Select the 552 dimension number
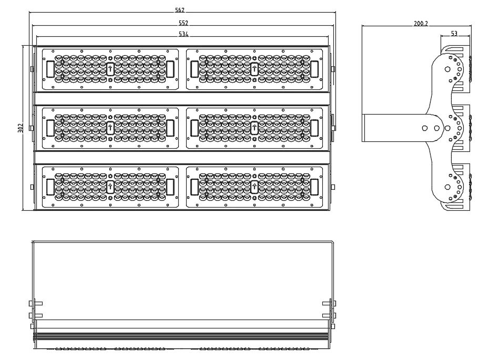[x=183, y=23]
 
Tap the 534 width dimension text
[x=183, y=34]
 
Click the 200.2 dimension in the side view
[x=421, y=23]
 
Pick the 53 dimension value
[x=454, y=34]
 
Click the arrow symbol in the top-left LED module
[x=110, y=68]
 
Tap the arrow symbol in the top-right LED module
[x=254, y=68]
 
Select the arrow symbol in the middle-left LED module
[x=110, y=127]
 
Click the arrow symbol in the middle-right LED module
[x=254, y=127]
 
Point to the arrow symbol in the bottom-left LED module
[x=110, y=186]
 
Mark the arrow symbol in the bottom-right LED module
[x=254, y=186]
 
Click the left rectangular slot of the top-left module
[x=50, y=68]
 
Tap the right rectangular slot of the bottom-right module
[x=314, y=186]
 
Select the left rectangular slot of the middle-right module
[x=195, y=127]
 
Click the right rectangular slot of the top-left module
[x=170, y=68]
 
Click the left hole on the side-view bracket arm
[x=424, y=127]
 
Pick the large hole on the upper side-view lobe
[x=447, y=69]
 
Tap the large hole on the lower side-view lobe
[x=447, y=187]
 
